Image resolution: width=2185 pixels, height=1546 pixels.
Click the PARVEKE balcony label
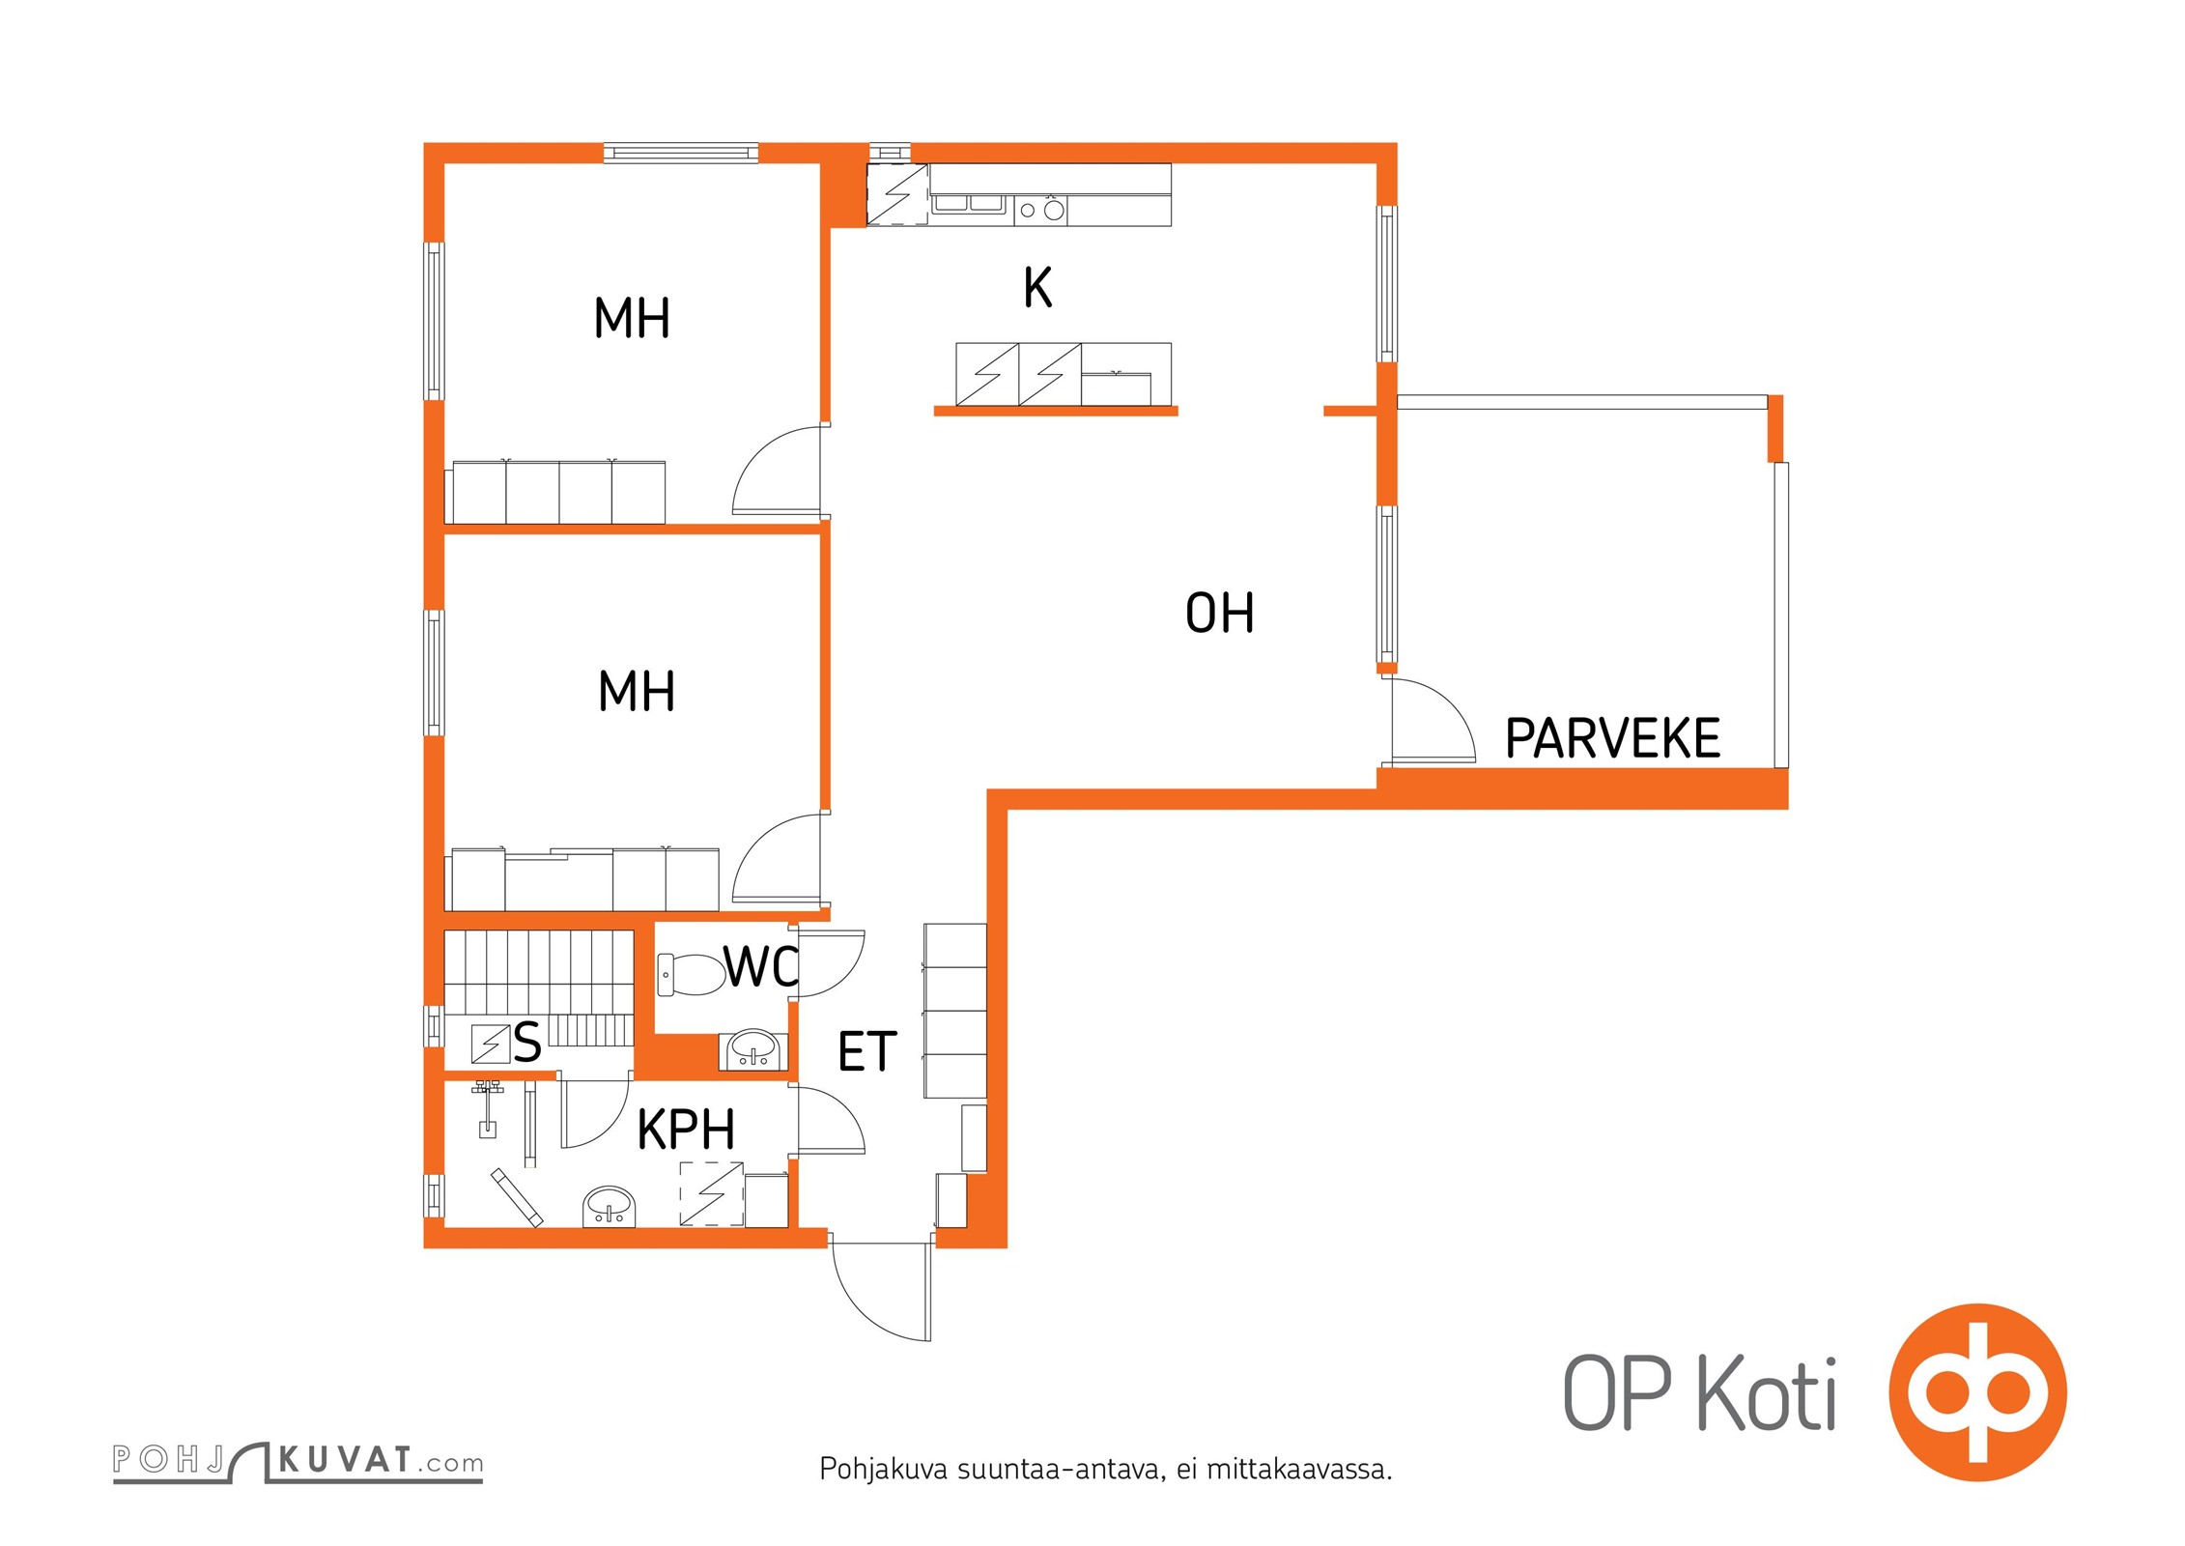coord(1612,738)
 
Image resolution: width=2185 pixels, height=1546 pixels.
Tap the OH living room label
coord(1220,613)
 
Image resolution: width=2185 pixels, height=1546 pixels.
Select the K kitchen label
coord(1037,287)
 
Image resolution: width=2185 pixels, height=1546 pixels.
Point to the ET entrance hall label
coord(867,1051)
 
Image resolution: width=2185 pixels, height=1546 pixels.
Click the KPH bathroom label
coord(686,1129)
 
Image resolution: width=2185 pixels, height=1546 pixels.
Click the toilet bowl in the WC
coord(691,974)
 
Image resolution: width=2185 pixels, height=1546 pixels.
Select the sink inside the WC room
coord(753,1050)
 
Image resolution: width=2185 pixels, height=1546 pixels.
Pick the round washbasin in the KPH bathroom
coord(610,1207)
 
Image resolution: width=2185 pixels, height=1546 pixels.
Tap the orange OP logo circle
coord(1977,1392)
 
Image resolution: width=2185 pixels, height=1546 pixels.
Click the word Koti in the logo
coord(1767,1395)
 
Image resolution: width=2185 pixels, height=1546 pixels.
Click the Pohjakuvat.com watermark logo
coord(298,1460)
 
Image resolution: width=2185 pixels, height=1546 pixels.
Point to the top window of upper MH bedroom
coord(681,153)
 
